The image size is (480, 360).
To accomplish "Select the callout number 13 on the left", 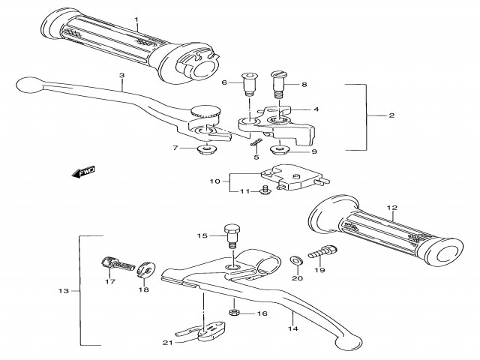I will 63,290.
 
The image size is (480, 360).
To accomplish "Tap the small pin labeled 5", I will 256,140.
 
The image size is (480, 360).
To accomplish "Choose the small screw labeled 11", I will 265,193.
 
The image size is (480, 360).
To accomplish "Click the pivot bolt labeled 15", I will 232,233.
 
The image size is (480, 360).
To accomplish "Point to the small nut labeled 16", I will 234,313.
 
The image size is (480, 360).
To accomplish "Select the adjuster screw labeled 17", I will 116,263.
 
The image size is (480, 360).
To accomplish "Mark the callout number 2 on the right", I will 391,116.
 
